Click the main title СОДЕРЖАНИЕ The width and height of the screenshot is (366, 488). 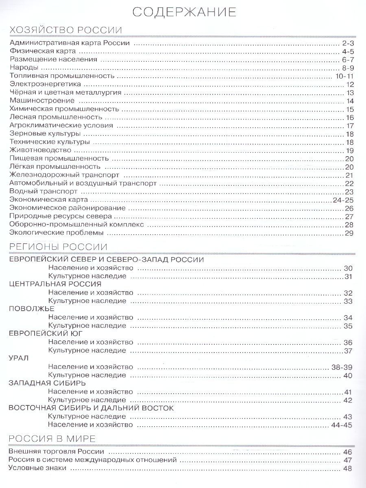pos(184,12)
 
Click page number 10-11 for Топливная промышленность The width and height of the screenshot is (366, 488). pos(345,76)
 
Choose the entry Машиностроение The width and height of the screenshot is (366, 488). pos(42,100)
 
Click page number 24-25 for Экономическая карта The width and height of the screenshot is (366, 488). pos(344,200)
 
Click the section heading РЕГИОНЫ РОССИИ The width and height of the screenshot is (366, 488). pos(58,247)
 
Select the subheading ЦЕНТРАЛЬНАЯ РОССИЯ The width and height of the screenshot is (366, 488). pos(55,284)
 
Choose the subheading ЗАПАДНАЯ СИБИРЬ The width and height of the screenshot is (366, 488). pos(47,383)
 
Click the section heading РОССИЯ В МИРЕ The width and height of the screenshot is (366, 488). pos(52,438)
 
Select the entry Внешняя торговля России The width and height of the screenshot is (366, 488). pos(57,452)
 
